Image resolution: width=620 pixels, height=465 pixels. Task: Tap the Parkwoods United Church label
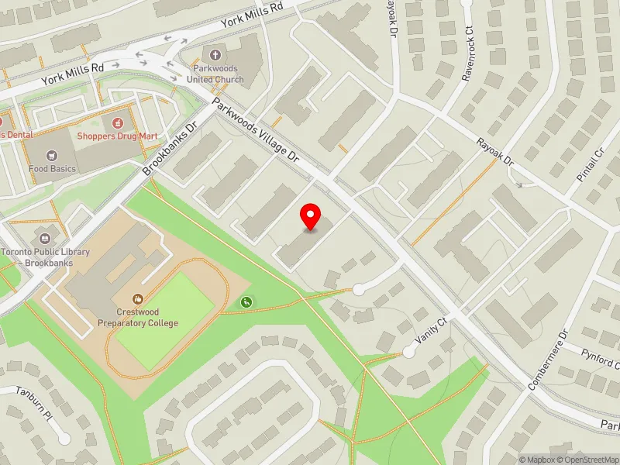click(x=215, y=74)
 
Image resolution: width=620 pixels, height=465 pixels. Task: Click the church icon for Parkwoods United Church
click(x=215, y=54)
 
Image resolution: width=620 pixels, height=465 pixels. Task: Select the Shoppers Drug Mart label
click(x=117, y=136)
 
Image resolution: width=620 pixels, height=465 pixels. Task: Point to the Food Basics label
click(x=52, y=168)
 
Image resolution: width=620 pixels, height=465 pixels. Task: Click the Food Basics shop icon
click(x=52, y=156)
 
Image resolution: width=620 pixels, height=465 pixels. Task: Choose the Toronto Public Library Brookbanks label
click(x=45, y=257)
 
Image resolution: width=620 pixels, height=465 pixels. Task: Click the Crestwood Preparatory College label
click(x=138, y=318)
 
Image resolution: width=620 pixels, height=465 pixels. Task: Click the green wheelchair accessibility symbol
click(x=246, y=302)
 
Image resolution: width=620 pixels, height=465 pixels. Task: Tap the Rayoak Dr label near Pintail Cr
click(x=495, y=153)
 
